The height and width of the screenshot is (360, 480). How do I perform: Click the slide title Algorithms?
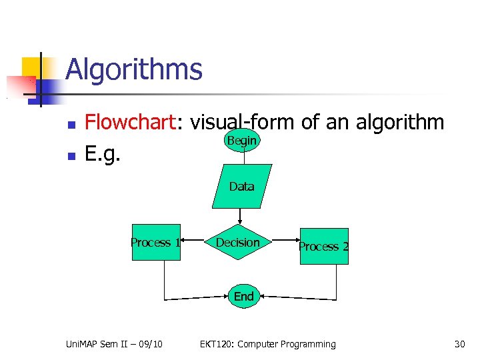[x=133, y=69]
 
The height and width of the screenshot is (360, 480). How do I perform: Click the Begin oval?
[x=241, y=141]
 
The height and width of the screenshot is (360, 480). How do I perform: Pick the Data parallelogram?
[x=241, y=186]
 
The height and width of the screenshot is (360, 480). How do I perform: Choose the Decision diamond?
[x=238, y=243]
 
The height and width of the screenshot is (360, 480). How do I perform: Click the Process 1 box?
[x=155, y=243]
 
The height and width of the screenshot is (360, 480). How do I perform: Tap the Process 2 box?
[x=324, y=247]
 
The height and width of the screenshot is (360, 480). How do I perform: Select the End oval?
[x=243, y=296]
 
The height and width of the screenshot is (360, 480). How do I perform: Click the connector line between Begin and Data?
[x=241, y=158]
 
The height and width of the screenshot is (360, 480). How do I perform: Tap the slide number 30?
[x=459, y=344]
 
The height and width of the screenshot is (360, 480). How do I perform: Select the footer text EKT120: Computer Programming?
[x=268, y=344]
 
